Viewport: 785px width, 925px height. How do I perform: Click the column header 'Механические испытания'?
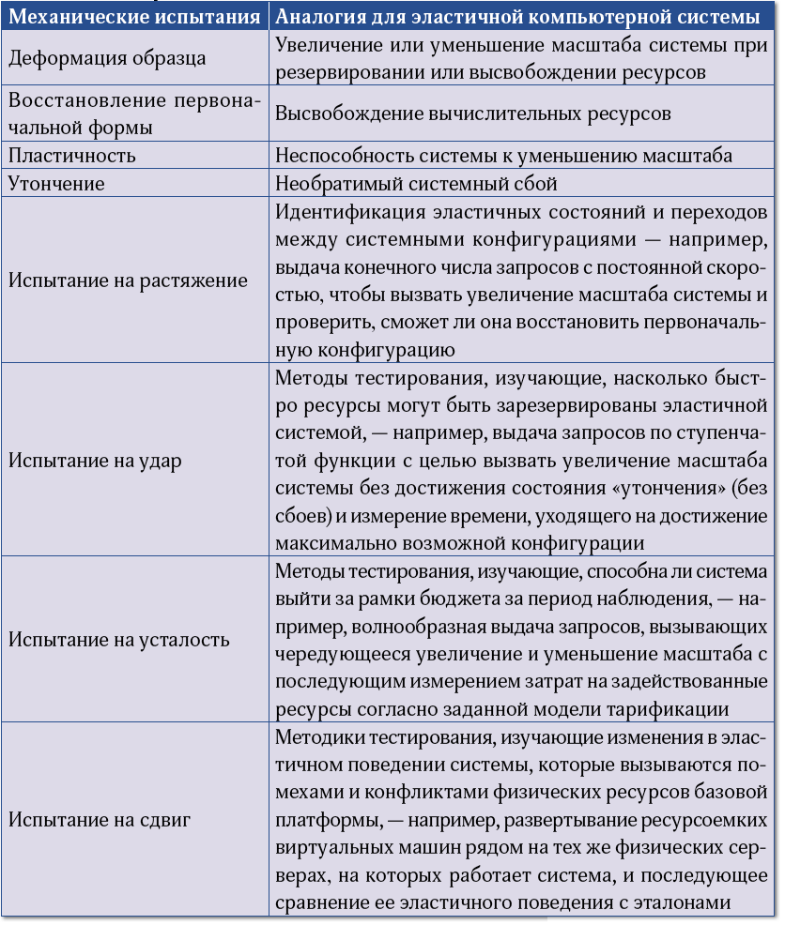(135, 16)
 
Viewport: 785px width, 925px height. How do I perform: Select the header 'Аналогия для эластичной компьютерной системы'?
(517, 16)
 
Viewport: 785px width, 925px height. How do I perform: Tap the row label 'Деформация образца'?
(107, 58)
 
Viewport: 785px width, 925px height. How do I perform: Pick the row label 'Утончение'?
(56, 184)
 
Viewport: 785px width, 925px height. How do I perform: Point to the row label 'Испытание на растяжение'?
(128, 281)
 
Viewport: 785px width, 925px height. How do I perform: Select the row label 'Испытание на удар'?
(95, 461)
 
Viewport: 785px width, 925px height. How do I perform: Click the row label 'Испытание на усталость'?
(118, 640)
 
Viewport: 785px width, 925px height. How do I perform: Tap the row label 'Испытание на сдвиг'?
(100, 819)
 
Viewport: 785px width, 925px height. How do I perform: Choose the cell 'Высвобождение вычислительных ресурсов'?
(473, 114)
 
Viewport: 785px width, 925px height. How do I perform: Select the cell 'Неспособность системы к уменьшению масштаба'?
(503, 156)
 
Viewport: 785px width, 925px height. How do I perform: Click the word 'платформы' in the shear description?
(326, 820)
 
